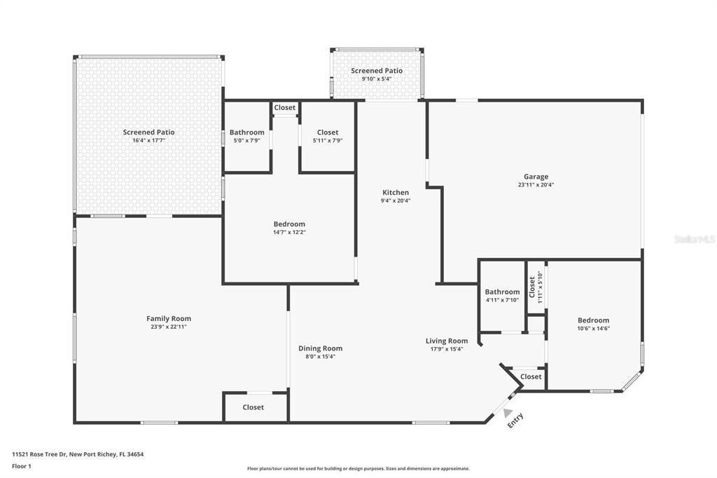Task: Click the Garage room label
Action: coord(536,177)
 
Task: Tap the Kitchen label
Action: coord(396,193)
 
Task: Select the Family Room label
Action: coord(169,318)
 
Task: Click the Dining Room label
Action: coord(320,348)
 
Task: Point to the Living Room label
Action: coord(447,341)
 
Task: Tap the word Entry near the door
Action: coord(515,421)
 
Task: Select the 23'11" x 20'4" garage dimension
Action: coord(536,185)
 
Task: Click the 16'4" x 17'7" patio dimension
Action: coord(148,140)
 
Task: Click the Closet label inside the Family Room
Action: coord(253,407)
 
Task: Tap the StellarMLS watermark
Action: coord(694,239)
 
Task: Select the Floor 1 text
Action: coord(22,466)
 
